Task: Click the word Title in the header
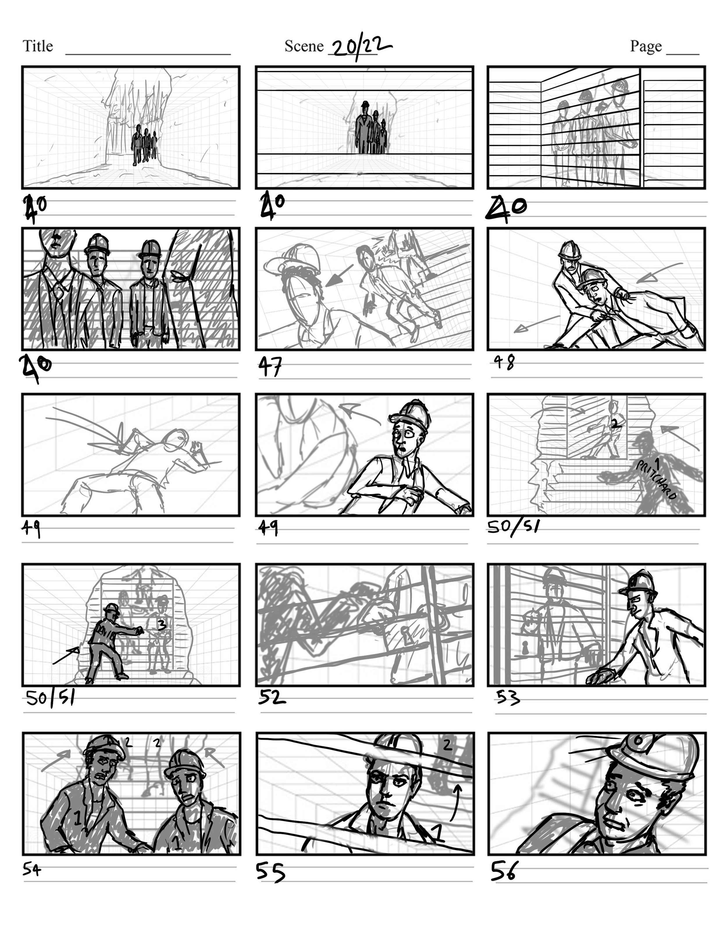(x=38, y=46)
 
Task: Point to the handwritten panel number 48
(x=504, y=362)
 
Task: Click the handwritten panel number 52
(x=272, y=697)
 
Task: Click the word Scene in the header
(x=304, y=46)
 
